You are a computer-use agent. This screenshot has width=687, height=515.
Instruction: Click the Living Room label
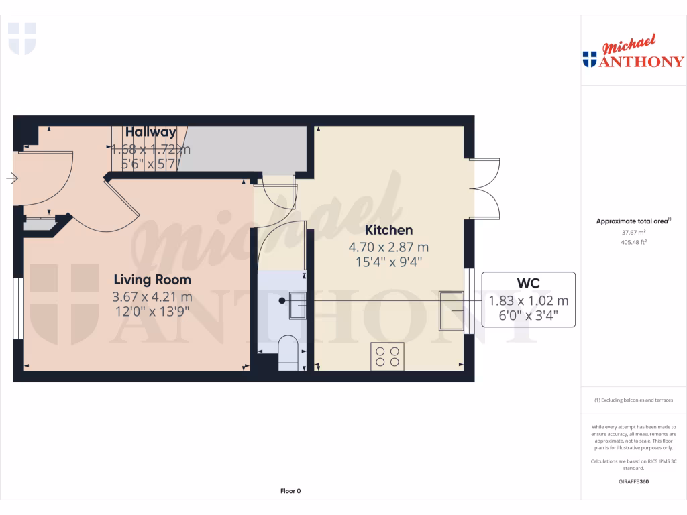coord(152,280)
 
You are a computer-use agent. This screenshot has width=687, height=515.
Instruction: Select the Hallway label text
coord(150,132)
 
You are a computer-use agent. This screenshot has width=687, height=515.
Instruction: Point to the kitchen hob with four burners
coord(387,355)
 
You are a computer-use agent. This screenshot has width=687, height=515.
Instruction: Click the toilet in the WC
coord(288,352)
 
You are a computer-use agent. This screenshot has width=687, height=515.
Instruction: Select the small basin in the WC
coord(297,304)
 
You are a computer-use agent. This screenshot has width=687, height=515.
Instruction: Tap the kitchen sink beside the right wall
coord(452,311)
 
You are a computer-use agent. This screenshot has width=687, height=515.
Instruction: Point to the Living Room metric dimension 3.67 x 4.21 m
coord(152,296)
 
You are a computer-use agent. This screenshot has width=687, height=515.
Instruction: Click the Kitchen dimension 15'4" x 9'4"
coord(388,262)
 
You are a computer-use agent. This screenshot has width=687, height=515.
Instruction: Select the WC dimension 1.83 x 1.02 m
coord(528,300)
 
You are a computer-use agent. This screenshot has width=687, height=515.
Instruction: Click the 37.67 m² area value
coord(633,232)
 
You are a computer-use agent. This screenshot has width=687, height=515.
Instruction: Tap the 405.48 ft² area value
coord(633,242)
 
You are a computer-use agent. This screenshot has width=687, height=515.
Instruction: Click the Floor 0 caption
coord(290,491)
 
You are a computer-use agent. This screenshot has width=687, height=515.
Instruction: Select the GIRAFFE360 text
coord(633,481)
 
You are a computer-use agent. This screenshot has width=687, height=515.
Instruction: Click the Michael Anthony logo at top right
coord(633,54)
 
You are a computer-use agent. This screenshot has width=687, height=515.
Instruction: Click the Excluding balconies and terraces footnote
coord(633,400)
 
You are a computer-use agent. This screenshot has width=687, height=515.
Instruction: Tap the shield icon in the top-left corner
coord(21,38)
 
